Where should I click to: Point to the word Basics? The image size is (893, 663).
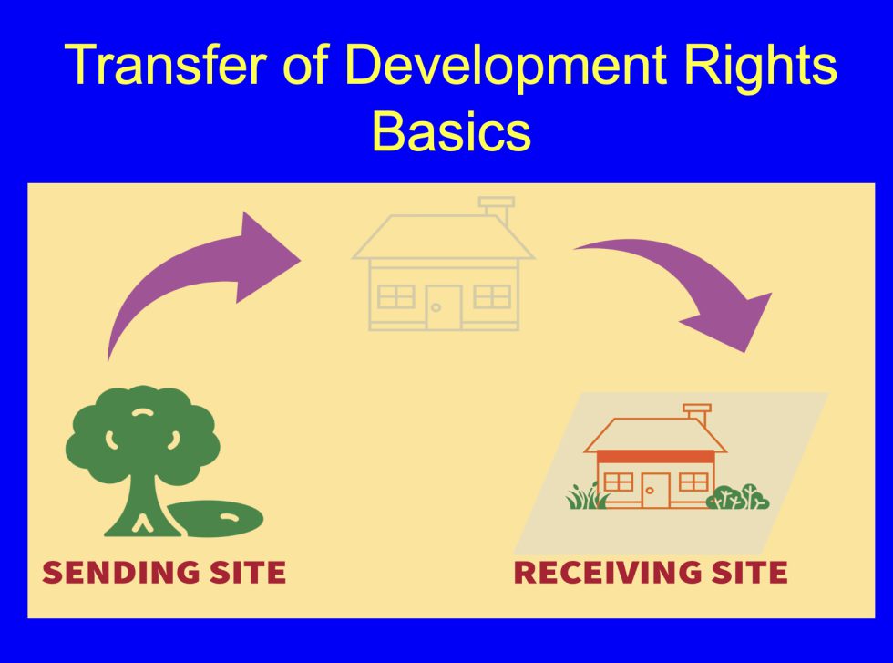451,132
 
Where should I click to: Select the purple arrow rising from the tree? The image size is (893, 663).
200,274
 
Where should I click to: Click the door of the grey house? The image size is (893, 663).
444,307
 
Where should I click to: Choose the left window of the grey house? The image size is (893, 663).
395,295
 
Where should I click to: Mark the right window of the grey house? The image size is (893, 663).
492,295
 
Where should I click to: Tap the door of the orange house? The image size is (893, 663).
655,490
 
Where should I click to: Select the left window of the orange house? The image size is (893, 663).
619,482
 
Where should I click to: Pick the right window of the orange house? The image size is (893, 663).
693,482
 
